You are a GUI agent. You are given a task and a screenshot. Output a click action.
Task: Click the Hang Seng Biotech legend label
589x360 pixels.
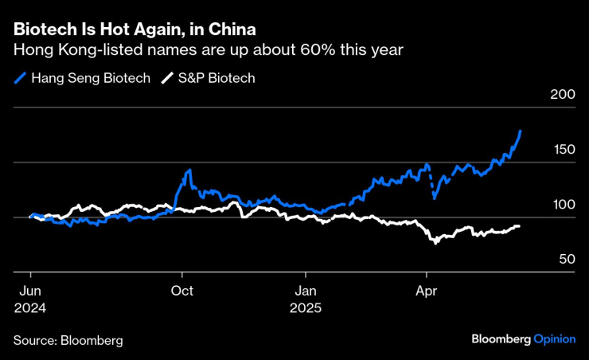[x=91, y=78]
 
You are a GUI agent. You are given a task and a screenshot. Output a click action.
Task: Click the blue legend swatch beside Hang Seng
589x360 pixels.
[x=20, y=78]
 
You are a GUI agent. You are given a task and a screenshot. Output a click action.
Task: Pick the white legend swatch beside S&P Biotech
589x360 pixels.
[x=167, y=78]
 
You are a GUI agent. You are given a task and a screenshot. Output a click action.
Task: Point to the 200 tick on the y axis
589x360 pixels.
[x=562, y=95]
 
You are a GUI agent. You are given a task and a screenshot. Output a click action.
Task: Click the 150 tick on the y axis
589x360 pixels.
[x=562, y=150]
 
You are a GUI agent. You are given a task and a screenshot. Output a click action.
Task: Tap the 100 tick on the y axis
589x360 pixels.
[x=562, y=205]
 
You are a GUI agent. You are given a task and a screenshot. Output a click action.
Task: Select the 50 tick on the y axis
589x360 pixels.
[x=565, y=260]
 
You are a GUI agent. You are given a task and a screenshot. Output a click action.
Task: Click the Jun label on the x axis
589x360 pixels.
[x=29, y=290]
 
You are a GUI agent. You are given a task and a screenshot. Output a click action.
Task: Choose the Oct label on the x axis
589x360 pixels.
[x=183, y=290]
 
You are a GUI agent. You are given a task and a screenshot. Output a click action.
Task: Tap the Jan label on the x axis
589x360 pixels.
[x=306, y=290]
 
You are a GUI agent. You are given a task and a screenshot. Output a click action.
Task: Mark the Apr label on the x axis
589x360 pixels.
[x=427, y=290]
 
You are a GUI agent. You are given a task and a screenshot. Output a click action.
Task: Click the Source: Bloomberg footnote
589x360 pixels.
[x=68, y=340]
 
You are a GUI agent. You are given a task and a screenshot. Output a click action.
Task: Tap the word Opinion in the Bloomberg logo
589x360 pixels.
[x=554, y=338]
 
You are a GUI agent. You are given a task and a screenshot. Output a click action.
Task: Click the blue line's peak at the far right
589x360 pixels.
[x=521, y=131]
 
